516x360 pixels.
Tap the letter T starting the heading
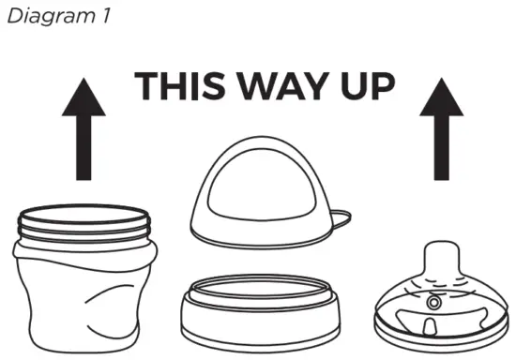pos(147,85)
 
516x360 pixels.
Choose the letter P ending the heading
pos(383,85)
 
